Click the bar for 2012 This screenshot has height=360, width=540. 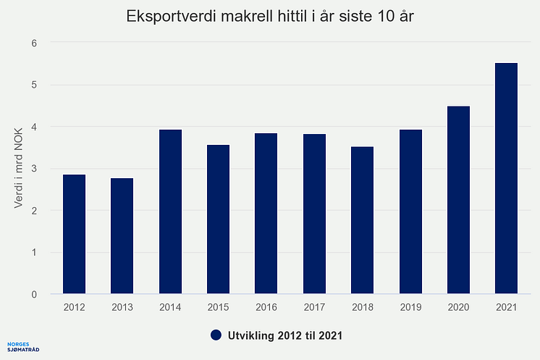tap(74, 235)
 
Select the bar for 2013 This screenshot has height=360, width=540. tap(122, 236)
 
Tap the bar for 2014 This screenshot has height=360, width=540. tap(169, 212)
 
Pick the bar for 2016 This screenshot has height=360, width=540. tap(266, 214)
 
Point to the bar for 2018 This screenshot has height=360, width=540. tap(362, 221)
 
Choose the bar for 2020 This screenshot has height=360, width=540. tap(458, 201)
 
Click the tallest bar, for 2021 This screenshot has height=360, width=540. tap(506, 179)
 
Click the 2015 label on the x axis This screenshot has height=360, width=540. tap(218, 307)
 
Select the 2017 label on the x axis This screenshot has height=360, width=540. tap(314, 307)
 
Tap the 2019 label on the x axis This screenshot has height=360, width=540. tap(410, 307)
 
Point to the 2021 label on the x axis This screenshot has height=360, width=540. tap(506, 307)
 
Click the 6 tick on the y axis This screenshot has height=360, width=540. tap(34, 43)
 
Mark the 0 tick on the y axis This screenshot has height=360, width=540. tap(34, 295)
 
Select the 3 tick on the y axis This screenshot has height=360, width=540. tap(34, 169)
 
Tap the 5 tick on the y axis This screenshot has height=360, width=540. tap(34, 85)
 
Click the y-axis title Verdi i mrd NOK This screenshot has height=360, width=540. tap(19, 169)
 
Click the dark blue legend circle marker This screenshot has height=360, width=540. tap(216, 335)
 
